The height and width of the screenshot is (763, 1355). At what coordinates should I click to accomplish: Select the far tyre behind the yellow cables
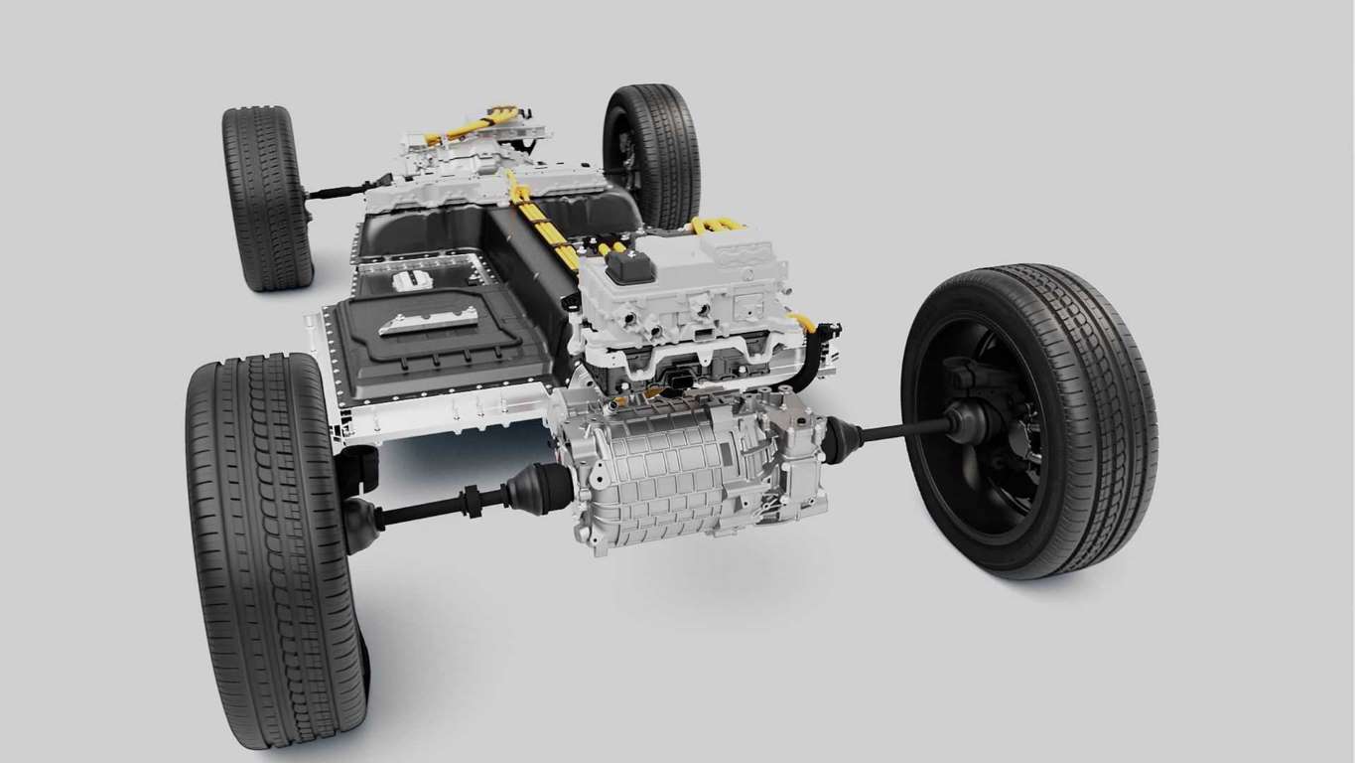pos(655,149)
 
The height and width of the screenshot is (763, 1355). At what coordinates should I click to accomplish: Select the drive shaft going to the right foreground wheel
pos(903,430)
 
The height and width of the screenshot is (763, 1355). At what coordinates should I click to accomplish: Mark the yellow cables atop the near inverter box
pos(717,225)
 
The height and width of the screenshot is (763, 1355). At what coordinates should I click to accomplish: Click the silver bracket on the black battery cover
pos(428,321)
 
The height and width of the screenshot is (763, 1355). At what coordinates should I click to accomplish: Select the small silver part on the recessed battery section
pos(412,280)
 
